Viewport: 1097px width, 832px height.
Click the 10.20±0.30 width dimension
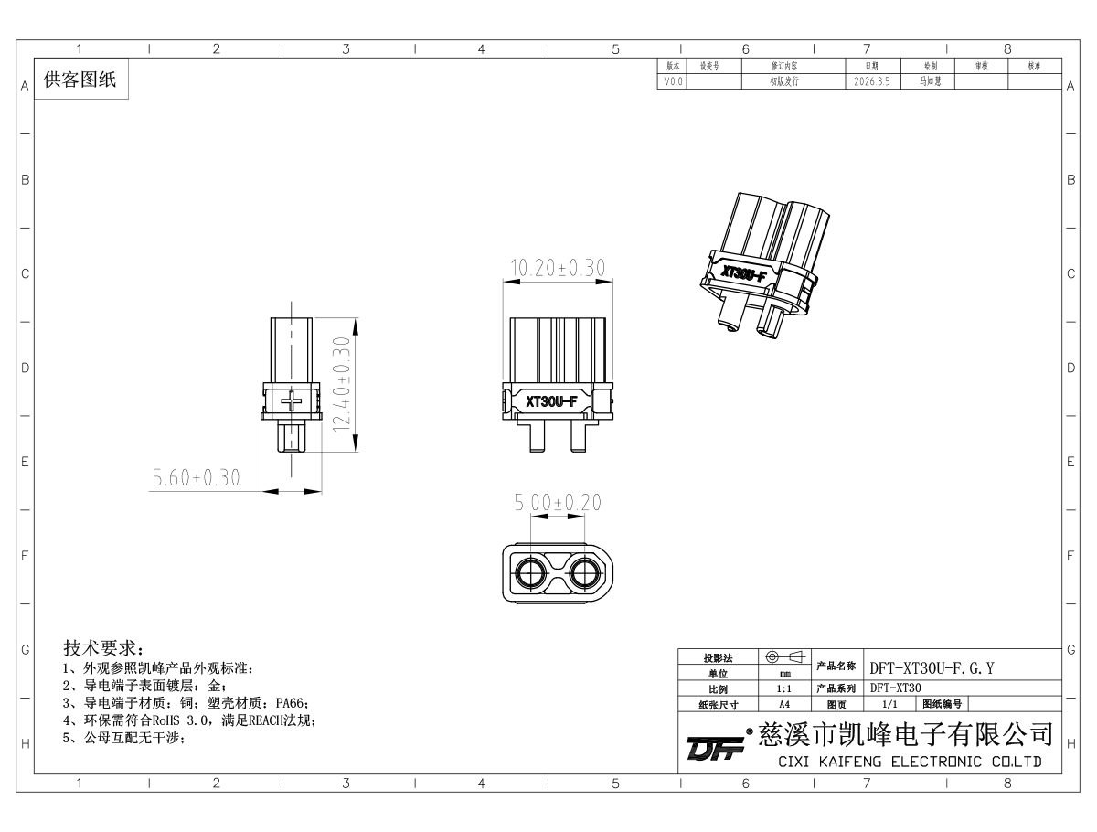point(558,268)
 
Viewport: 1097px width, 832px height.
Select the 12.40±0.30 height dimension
point(342,385)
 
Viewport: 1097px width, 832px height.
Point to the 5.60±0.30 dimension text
point(196,477)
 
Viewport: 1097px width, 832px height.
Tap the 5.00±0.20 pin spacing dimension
point(558,502)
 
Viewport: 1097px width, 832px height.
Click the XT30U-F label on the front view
point(551,401)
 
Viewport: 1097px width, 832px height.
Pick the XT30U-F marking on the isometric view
point(743,272)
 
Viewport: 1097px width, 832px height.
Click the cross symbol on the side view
point(292,400)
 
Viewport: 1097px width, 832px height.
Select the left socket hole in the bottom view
point(531,573)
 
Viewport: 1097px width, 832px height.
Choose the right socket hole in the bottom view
point(585,573)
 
